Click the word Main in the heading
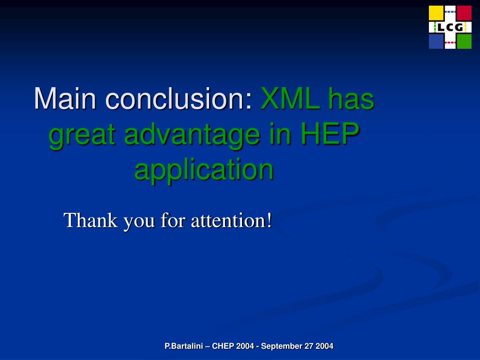click(65, 98)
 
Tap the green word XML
click(290, 98)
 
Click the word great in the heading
click(82, 135)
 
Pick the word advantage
click(192, 135)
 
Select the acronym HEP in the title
click(330, 134)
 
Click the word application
click(204, 169)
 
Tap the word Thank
click(90, 220)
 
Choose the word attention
click(228, 221)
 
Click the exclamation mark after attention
click(269, 220)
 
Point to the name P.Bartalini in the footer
click(184, 346)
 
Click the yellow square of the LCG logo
click(436, 13)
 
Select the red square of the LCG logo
click(464, 13)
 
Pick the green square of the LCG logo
click(464, 41)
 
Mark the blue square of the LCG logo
click(436, 41)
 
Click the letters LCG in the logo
click(450, 28)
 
